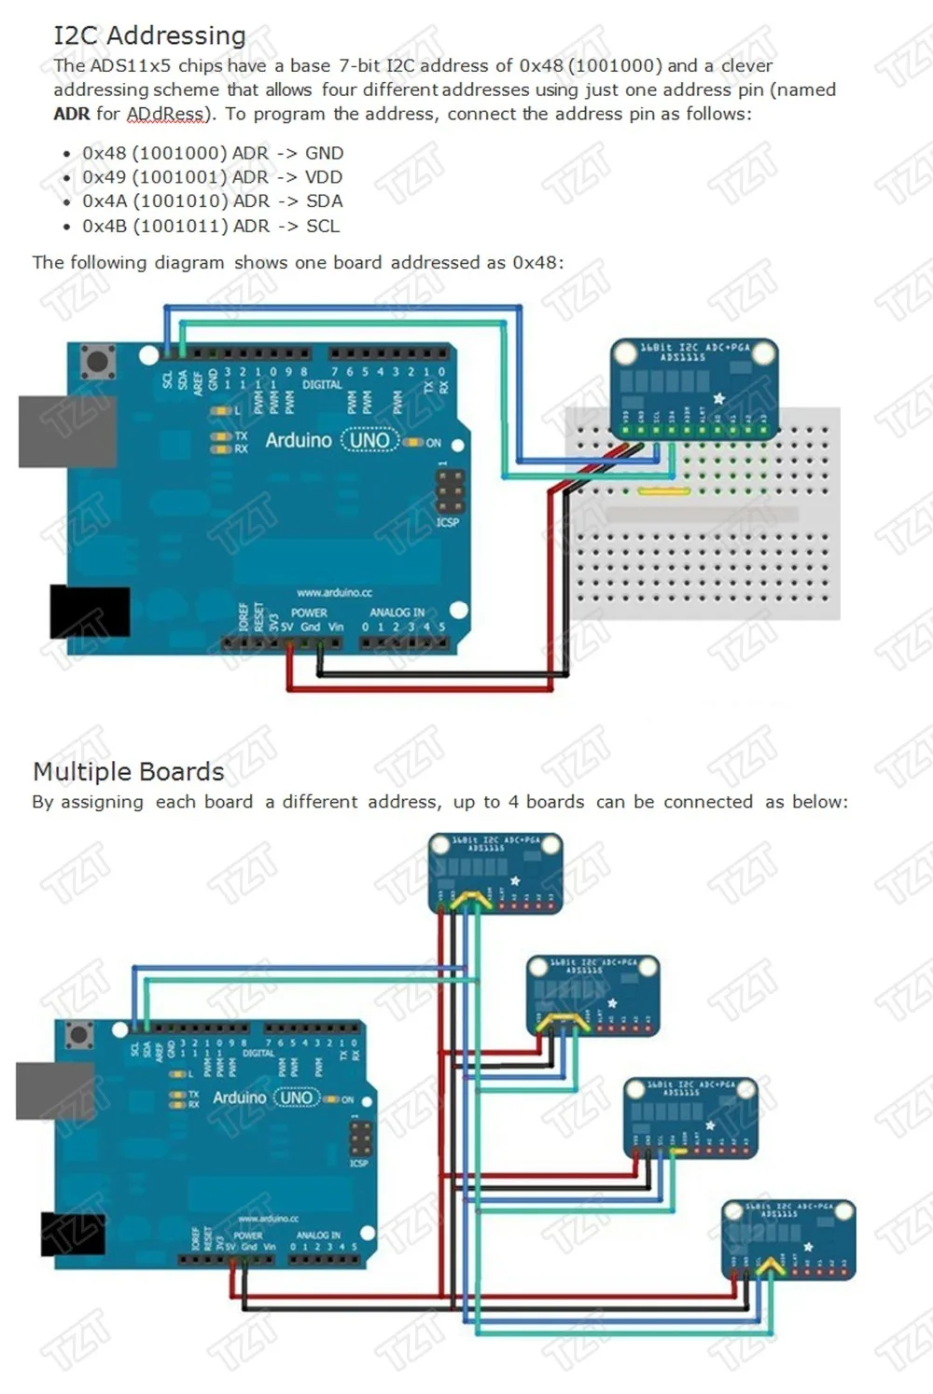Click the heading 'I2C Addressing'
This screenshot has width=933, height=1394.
149,35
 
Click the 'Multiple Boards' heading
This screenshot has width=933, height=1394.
128,772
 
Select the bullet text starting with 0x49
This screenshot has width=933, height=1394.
212,177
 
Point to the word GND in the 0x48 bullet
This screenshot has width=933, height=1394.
324,153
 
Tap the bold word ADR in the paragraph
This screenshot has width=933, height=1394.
72,114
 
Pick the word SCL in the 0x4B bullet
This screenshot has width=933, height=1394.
323,226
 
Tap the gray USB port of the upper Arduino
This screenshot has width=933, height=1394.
66,431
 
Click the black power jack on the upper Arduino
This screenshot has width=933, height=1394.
89,612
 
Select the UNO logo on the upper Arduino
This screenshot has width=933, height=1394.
369,440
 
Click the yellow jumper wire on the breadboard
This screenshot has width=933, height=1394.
663,490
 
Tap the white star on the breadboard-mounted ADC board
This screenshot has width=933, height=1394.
718,399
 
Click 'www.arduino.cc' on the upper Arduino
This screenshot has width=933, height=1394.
334,592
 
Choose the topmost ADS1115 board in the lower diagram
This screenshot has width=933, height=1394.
495,873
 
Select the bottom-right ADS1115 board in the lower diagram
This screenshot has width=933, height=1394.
789,1239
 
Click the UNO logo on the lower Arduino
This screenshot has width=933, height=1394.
296,1097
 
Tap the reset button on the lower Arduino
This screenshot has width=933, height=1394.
79,1033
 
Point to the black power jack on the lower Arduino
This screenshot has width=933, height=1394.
73,1233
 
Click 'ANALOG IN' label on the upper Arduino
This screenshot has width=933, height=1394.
397,613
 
